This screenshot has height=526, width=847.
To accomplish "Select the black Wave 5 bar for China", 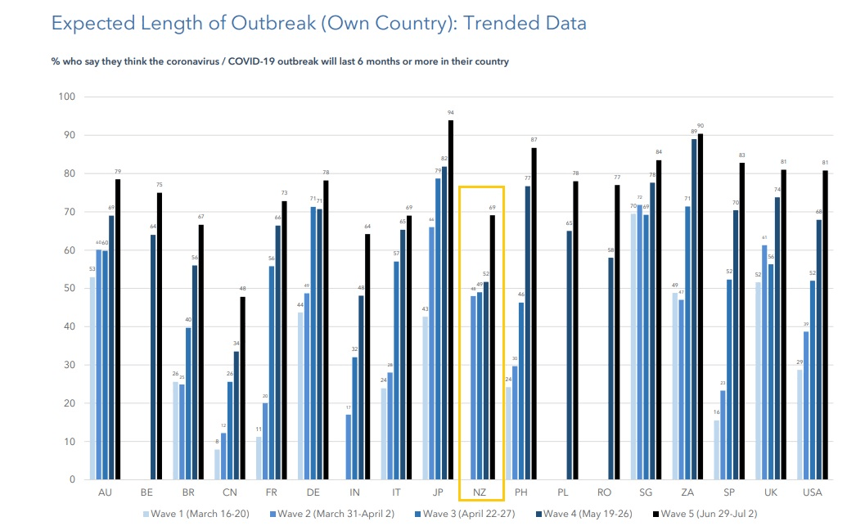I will pyautogui.click(x=242, y=388).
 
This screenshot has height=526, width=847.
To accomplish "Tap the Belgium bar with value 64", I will pyautogui.click(x=153, y=357).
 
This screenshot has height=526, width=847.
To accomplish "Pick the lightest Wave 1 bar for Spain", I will pyautogui.click(x=717, y=449).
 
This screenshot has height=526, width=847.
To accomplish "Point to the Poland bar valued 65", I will pyautogui.click(x=569, y=355).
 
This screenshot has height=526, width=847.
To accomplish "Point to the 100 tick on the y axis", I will pyautogui.click(x=66, y=97).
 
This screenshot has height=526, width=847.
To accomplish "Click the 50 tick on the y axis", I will pyautogui.click(x=69, y=288).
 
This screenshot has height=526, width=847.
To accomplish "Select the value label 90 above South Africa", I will pyautogui.click(x=700, y=126).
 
